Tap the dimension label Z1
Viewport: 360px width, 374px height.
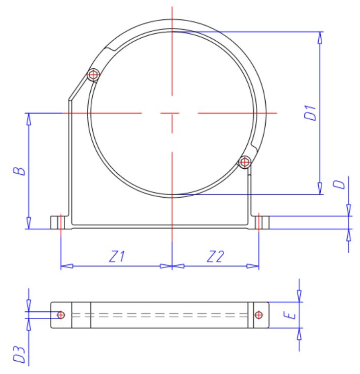click(117, 257)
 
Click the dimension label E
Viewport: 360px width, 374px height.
click(291, 316)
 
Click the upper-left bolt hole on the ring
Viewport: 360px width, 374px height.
click(93, 75)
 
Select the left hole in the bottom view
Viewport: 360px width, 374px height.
click(61, 315)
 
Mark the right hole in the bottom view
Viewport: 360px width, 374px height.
click(259, 315)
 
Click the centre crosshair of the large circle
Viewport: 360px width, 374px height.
click(172, 113)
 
